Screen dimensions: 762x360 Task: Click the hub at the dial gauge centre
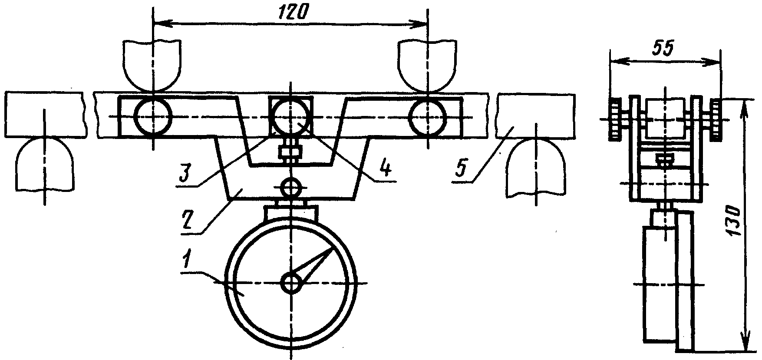coord(291,284)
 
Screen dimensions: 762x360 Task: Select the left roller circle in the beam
coord(153,116)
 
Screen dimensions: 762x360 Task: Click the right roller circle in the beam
coord(428,117)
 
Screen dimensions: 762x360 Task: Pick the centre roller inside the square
coord(291,117)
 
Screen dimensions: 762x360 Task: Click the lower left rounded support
coord(44,164)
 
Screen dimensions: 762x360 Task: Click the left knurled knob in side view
coord(615,119)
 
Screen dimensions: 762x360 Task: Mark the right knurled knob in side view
coord(716,119)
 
